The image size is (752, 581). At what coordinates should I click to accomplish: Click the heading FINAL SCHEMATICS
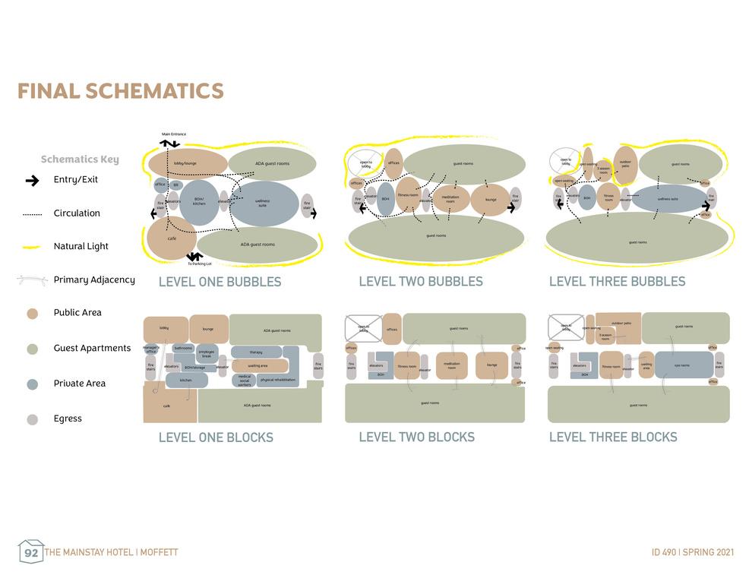coord(120,91)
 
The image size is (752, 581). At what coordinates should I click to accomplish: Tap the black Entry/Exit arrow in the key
coord(32,181)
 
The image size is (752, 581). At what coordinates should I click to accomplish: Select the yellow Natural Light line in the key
coord(32,247)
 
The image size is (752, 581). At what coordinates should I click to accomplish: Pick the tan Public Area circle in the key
coord(32,313)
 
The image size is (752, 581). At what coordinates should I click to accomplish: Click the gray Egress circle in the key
coord(32,419)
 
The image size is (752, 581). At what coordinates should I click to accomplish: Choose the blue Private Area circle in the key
coord(32,384)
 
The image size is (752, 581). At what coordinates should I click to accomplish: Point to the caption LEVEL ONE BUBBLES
coord(220,282)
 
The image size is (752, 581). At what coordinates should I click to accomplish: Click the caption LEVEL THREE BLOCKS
coord(612,437)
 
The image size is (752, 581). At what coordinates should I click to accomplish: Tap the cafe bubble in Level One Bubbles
coord(172,238)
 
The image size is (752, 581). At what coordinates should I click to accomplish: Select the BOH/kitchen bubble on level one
coord(199,202)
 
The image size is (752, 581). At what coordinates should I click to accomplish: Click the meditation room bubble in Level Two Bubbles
coord(450,199)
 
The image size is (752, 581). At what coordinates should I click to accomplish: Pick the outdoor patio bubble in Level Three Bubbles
coord(625,164)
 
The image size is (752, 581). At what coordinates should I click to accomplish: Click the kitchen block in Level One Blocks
coord(186,380)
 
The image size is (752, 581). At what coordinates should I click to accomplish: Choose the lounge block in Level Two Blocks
coord(491,365)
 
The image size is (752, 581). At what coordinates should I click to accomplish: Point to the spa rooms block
coord(683,365)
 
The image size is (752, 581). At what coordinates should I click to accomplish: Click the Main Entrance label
coord(173,134)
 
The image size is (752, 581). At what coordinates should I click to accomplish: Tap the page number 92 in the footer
coord(31,553)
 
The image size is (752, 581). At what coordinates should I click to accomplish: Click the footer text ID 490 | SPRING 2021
coord(693,553)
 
